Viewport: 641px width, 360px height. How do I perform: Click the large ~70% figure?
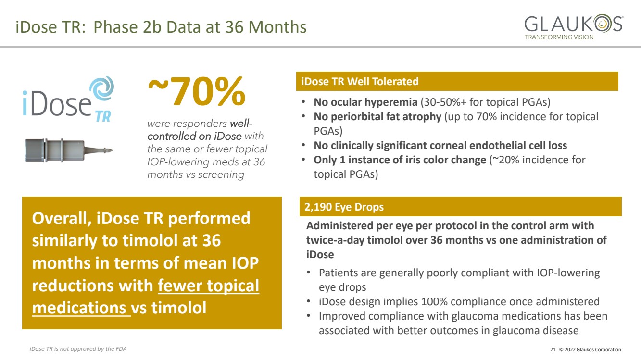pyautogui.click(x=197, y=91)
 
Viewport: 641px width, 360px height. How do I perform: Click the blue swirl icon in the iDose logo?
pyautogui.click(x=101, y=88)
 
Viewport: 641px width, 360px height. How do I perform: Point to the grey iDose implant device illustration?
pyautogui.click(x=69, y=150)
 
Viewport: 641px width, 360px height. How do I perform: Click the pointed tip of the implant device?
pyautogui.click(x=112, y=150)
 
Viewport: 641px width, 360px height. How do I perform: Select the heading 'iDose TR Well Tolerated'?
pyautogui.click(x=360, y=82)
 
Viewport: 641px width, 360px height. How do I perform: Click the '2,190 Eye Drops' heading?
pyautogui.click(x=344, y=207)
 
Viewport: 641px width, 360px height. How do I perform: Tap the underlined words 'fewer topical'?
pyautogui.click(x=208, y=286)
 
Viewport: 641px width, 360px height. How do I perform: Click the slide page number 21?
pyautogui.click(x=553, y=349)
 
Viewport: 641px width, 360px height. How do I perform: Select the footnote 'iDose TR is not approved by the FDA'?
pyautogui.click(x=78, y=349)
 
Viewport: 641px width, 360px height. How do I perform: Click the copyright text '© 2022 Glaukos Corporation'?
pyautogui.click(x=590, y=349)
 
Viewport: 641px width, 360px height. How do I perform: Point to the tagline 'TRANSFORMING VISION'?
pyautogui.click(x=559, y=37)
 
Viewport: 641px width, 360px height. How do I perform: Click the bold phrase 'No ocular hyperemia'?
pyautogui.click(x=366, y=102)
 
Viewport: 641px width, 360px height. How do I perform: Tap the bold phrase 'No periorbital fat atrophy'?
pyautogui.click(x=377, y=117)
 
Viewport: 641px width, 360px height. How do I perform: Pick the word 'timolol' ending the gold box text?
pyautogui.click(x=179, y=308)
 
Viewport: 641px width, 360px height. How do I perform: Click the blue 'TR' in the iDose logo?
pyautogui.click(x=103, y=116)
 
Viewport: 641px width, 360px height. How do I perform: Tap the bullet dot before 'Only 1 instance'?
pyautogui.click(x=303, y=160)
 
